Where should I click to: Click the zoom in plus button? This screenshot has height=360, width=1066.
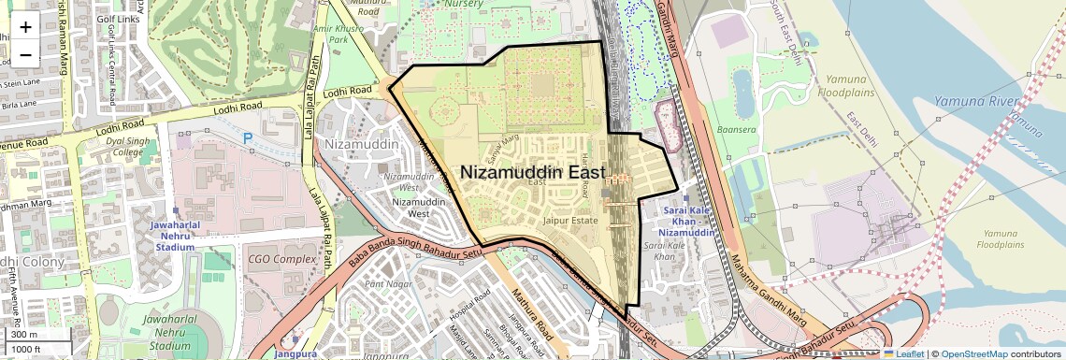[25, 27]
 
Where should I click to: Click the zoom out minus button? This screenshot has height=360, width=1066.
[25, 54]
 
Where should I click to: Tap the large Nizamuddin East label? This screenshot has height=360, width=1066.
[532, 173]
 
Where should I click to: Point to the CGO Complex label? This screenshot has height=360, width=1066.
[282, 258]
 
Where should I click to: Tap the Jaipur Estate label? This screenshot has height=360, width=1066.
[569, 221]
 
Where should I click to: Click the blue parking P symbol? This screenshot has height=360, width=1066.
[248, 138]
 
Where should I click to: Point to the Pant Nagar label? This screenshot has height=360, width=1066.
[388, 282]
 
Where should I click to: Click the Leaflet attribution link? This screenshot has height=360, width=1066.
[903, 353]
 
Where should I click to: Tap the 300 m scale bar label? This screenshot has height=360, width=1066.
[24, 335]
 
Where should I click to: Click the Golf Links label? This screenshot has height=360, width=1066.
[123, 19]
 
